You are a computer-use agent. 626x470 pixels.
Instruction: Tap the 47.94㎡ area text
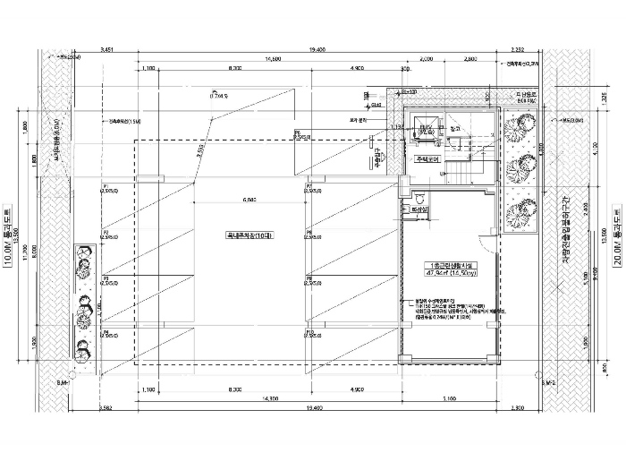point(444,274)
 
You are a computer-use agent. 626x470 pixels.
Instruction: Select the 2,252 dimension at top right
point(519,48)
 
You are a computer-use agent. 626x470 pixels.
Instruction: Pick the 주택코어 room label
point(426,160)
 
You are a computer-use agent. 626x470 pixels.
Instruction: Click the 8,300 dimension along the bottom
point(235,390)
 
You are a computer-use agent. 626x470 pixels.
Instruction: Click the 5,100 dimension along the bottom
point(450,397)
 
